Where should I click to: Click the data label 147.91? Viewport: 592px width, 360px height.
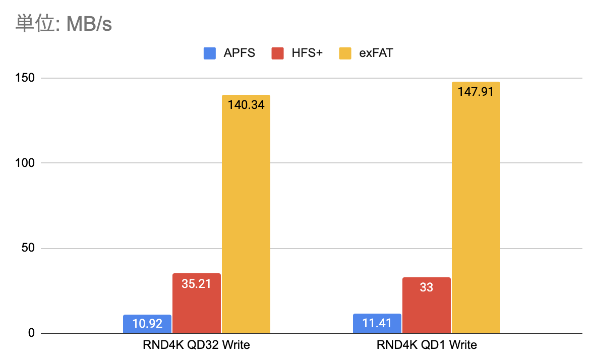(476, 92)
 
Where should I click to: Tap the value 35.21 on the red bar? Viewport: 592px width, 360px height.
(197, 283)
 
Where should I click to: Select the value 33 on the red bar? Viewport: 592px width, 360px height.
(427, 287)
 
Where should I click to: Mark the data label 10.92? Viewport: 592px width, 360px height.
(147, 324)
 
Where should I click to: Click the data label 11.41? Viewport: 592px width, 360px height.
(377, 323)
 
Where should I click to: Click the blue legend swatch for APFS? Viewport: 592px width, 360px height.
(210, 53)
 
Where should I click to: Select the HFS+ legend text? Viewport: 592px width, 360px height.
(307, 53)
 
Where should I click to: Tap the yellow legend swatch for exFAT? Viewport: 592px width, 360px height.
(345, 53)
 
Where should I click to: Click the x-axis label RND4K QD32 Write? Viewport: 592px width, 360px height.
(197, 345)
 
